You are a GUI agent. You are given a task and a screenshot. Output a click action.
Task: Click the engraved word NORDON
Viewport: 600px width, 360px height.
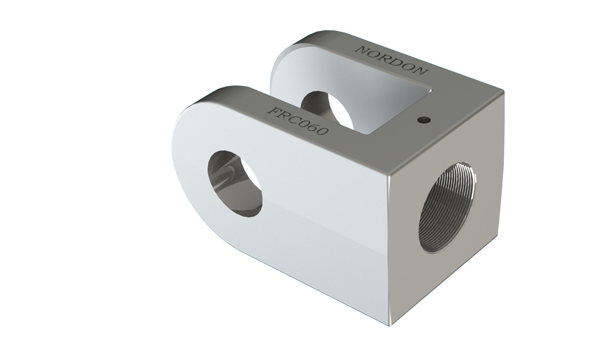[x=392, y=60]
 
